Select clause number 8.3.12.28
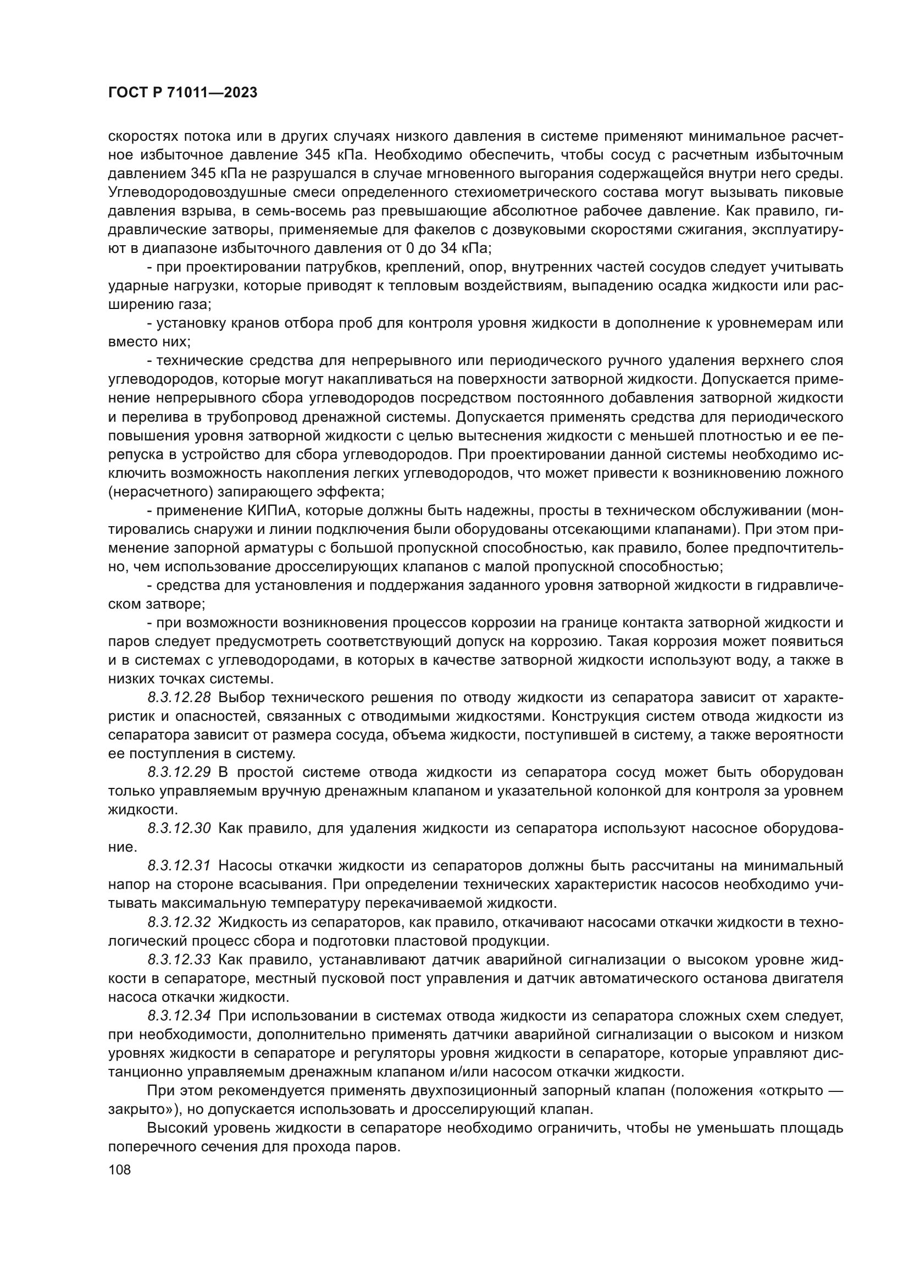pyautogui.click(x=179, y=697)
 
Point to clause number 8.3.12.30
pyautogui.click(x=179, y=829)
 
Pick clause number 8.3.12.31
pyautogui.click(x=179, y=866)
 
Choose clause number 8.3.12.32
pyautogui.click(x=179, y=922)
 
